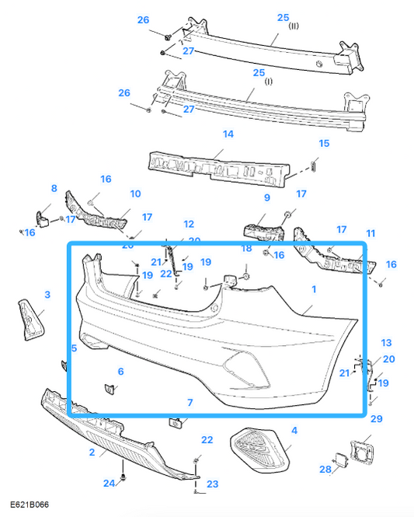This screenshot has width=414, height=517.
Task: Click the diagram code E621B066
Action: pos(30,505)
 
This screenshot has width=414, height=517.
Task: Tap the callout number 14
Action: pos(228,134)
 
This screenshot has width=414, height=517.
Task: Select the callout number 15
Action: pos(324,143)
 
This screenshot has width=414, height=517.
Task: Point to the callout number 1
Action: pos(314,289)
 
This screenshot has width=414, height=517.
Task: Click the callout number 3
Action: pos(47,295)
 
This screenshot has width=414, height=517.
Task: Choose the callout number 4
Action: pos(294,430)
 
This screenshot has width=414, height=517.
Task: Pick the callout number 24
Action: pos(110,483)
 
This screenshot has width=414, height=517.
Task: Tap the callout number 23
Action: pos(212,484)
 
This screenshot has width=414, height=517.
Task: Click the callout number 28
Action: pos(325,469)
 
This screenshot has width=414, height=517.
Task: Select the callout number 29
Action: pos(377,419)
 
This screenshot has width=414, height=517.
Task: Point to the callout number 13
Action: pos(386,343)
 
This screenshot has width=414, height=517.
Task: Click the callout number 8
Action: pos(54,188)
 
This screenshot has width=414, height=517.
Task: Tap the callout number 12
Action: pos(189,224)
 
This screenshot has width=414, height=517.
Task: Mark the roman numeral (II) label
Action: pos(294,26)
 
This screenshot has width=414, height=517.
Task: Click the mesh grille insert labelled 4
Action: pos(260,449)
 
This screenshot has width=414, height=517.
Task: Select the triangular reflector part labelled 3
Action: pos(32,320)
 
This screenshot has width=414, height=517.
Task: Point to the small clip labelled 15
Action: pos(314,164)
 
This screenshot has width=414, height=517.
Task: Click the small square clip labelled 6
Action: pos(110,389)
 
